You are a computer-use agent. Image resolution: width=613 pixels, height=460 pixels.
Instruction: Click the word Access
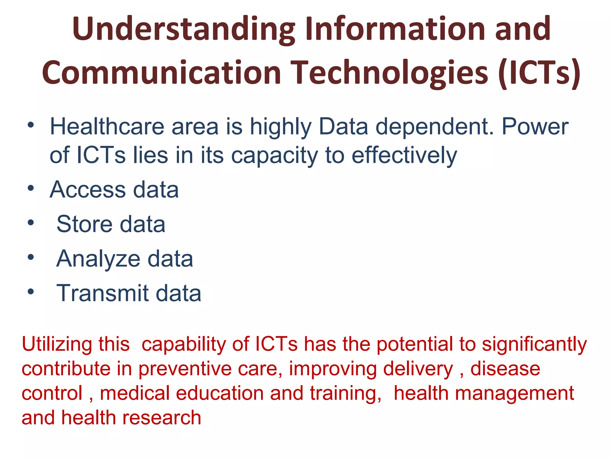(88, 190)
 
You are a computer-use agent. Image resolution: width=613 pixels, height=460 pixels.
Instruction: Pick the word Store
(84, 224)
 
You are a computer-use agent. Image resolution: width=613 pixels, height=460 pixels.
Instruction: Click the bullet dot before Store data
(31, 223)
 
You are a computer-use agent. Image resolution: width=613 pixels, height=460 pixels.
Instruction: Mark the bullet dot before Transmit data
(31, 291)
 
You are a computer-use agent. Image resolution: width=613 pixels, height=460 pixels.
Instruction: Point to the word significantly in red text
(534, 345)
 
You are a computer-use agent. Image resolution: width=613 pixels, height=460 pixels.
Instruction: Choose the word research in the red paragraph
(162, 418)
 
